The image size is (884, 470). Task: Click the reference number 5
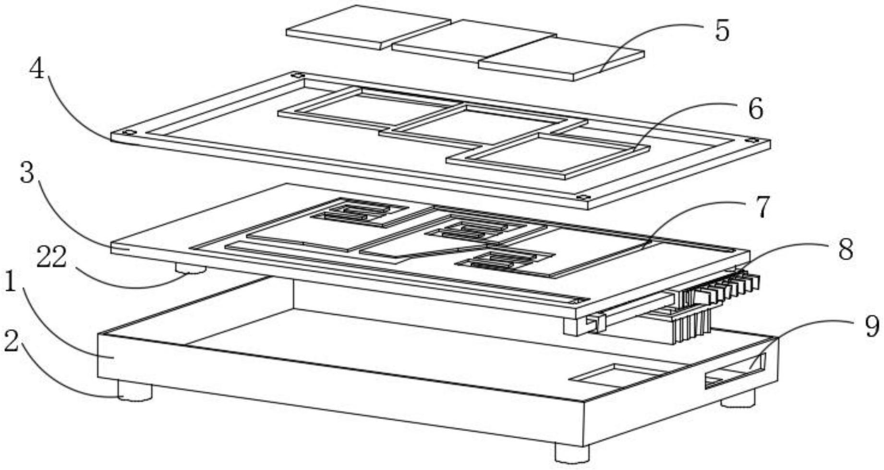point(722,30)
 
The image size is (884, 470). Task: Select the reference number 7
point(762,207)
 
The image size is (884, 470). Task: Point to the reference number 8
point(845,250)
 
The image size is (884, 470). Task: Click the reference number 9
point(872,326)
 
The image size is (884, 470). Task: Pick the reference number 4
point(37,70)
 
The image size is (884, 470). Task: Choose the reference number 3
point(27,173)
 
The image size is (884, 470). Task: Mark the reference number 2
point(12,341)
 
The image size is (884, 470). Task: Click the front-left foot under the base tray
point(135,391)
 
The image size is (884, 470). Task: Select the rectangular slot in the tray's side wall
point(735,371)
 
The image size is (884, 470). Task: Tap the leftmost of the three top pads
point(369,27)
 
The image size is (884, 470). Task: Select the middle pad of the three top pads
point(474,41)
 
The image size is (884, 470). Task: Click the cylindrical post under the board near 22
point(191,268)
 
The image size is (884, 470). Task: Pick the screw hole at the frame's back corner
point(297,75)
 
